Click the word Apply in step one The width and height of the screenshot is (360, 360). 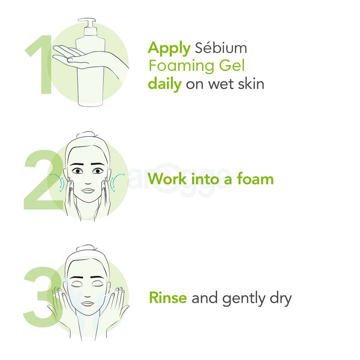pos(169,49)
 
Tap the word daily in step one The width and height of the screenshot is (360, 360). pos(165,84)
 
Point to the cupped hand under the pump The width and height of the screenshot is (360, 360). pos(72,54)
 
